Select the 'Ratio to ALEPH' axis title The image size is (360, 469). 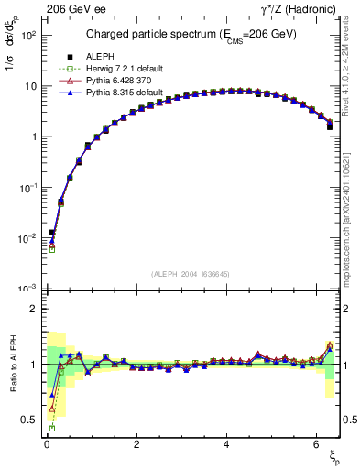12,365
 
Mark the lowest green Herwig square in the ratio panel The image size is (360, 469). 52,428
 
